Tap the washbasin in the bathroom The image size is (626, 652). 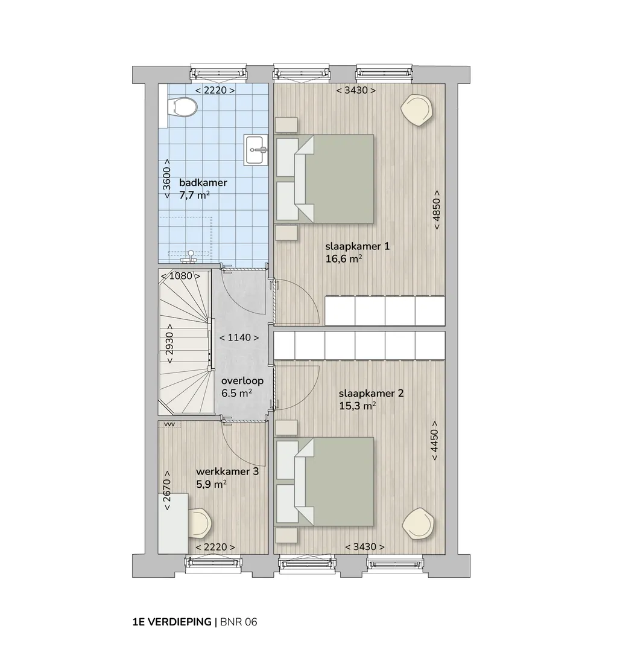pyautogui.click(x=256, y=149)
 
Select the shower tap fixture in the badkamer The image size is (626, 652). pyautogui.click(x=190, y=256)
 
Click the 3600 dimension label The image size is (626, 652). pyautogui.click(x=167, y=178)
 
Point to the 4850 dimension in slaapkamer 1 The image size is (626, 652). pyautogui.click(x=437, y=209)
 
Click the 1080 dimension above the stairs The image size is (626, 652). pyautogui.click(x=181, y=276)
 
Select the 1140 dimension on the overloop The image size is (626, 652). pyautogui.click(x=239, y=337)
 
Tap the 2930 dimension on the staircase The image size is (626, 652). pyautogui.click(x=169, y=344)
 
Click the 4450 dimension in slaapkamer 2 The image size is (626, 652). pyautogui.click(x=434, y=441)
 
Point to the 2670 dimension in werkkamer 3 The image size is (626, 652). pyautogui.click(x=167, y=490)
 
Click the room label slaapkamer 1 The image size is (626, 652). pyautogui.click(x=357, y=246)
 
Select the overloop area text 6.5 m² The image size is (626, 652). pyautogui.click(x=236, y=393)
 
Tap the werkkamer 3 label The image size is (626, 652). pyautogui.click(x=227, y=471)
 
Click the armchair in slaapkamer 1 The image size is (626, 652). pyautogui.click(x=417, y=109)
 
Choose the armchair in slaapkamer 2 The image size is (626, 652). pyautogui.click(x=419, y=523)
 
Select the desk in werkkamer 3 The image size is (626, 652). pyautogui.click(x=173, y=523)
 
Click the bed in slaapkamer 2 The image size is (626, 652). pyautogui.click(x=325, y=481)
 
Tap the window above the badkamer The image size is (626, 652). pyautogui.click(x=218, y=72)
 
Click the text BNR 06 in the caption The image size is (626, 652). pyautogui.click(x=238, y=622)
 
